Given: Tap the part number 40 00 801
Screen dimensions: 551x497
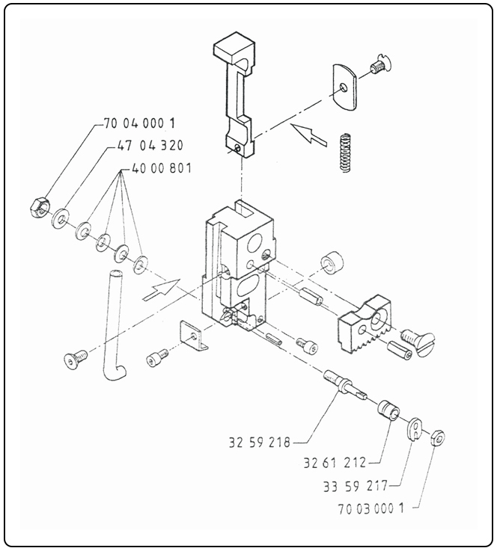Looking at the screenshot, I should (162, 168).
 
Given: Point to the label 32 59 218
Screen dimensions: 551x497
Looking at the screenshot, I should (258, 442).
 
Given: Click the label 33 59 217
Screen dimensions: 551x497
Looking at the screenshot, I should (354, 486).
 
